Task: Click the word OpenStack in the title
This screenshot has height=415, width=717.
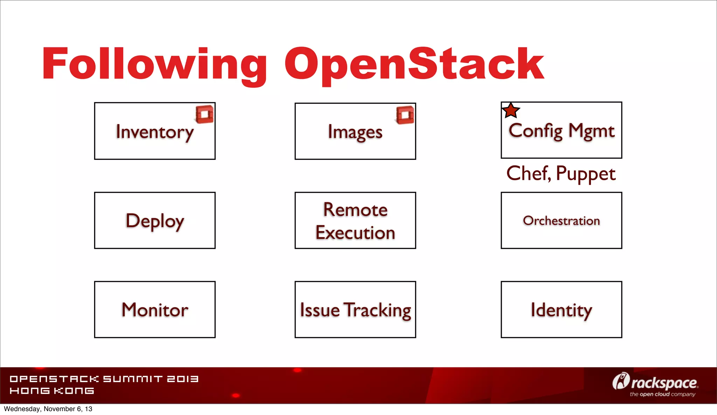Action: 414,65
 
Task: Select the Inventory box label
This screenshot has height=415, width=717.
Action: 154,132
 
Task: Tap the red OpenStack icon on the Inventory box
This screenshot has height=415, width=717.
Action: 205,114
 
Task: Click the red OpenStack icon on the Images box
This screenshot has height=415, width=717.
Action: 405,115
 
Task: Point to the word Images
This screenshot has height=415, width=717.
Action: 355,132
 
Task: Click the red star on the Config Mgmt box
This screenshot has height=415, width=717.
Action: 511,111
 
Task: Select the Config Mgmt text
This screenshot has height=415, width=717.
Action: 561,131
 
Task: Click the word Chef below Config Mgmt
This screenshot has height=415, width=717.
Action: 528,174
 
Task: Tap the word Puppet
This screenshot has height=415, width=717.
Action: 585,174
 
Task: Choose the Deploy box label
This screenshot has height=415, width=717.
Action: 155,221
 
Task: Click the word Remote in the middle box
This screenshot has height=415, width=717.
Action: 355,210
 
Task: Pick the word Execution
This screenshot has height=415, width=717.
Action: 355,233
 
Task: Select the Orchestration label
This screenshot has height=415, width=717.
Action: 561,221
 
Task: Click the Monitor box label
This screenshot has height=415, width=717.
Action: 155,310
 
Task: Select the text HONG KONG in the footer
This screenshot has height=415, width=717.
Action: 52,391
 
